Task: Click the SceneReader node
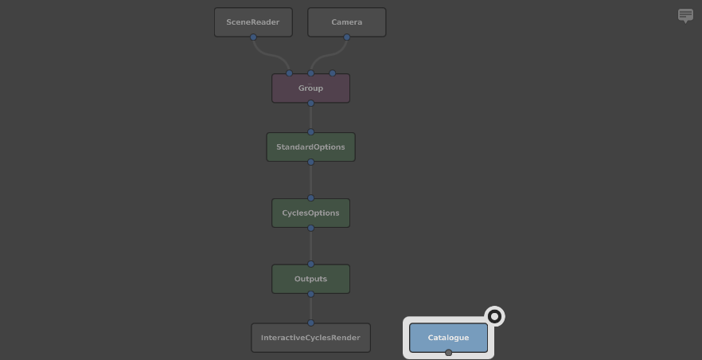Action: tap(253, 22)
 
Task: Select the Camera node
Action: tap(346, 22)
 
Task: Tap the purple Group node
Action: tap(310, 88)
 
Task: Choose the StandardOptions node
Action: tap(310, 147)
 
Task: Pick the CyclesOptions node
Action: tap(310, 213)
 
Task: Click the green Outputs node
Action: tap(310, 279)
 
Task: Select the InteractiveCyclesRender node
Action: tap(310, 338)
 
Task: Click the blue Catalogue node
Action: tap(448, 338)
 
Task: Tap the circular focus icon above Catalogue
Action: tap(494, 317)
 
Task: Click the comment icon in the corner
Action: tap(685, 15)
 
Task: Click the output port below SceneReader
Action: tap(253, 37)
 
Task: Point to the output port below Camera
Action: tap(346, 37)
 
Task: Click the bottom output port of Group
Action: tap(310, 104)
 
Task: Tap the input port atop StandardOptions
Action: tap(310, 132)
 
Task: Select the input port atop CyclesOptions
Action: tap(310, 198)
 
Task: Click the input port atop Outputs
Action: tap(310, 264)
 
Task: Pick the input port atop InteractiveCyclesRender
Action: tap(310, 323)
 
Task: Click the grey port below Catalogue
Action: tap(448, 353)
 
